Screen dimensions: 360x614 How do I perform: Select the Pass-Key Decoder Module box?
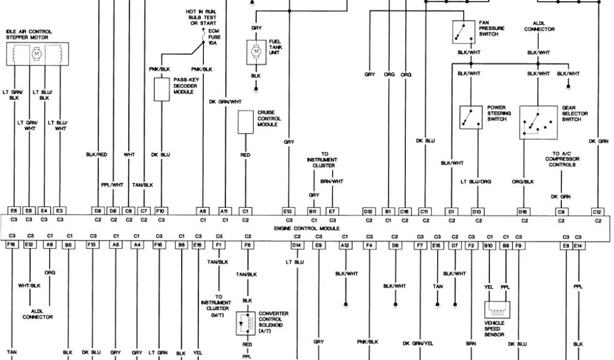coord(161,89)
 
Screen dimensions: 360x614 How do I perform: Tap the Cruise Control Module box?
coord(245,122)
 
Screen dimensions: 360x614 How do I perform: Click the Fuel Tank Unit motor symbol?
coord(256,52)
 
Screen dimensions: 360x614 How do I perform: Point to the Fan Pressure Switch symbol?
coord(463,32)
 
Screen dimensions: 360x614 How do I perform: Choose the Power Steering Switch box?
coord(471,117)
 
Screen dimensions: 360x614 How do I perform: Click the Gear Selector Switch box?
coord(538,122)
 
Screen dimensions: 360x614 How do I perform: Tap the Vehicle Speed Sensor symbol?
coord(496,309)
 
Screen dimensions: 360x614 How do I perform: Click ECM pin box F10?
coord(160,211)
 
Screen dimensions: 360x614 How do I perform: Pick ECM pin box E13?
coord(288,211)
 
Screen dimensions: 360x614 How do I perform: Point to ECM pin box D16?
coord(523,211)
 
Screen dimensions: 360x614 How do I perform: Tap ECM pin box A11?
coord(225,211)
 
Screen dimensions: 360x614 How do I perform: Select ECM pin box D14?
coord(297,245)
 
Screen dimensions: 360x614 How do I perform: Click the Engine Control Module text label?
coord(306,229)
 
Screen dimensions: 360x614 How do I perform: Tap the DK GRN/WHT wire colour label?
coord(225,102)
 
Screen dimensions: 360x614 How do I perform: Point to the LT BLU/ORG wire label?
coord(476,181)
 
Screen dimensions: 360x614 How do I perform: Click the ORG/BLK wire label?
coord(523,181)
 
